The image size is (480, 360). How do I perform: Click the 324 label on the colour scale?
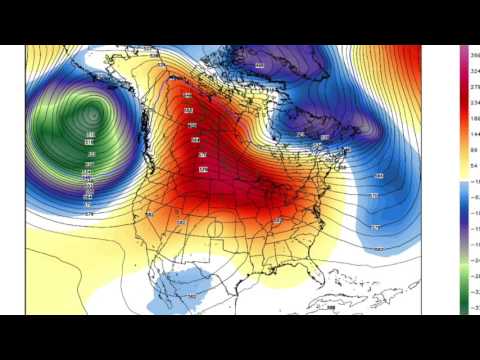(473, 71)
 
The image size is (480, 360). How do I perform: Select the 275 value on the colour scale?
(473, 87)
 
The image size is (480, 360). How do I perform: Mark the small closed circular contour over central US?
(215, 229)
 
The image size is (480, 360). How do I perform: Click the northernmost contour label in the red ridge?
(187, 110)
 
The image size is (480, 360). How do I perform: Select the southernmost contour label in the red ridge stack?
(205, 171)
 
